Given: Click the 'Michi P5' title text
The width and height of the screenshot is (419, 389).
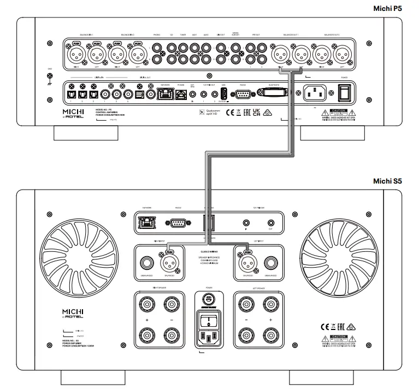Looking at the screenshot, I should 396,8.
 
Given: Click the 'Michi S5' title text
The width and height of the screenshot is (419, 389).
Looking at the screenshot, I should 396,181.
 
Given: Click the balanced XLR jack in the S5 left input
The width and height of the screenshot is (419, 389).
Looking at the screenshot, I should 245,263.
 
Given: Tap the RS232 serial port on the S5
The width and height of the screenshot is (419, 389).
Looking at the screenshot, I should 177,222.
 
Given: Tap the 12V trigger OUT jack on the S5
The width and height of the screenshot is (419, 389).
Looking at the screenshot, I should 270,223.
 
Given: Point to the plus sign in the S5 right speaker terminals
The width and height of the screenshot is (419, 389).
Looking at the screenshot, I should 146,318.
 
